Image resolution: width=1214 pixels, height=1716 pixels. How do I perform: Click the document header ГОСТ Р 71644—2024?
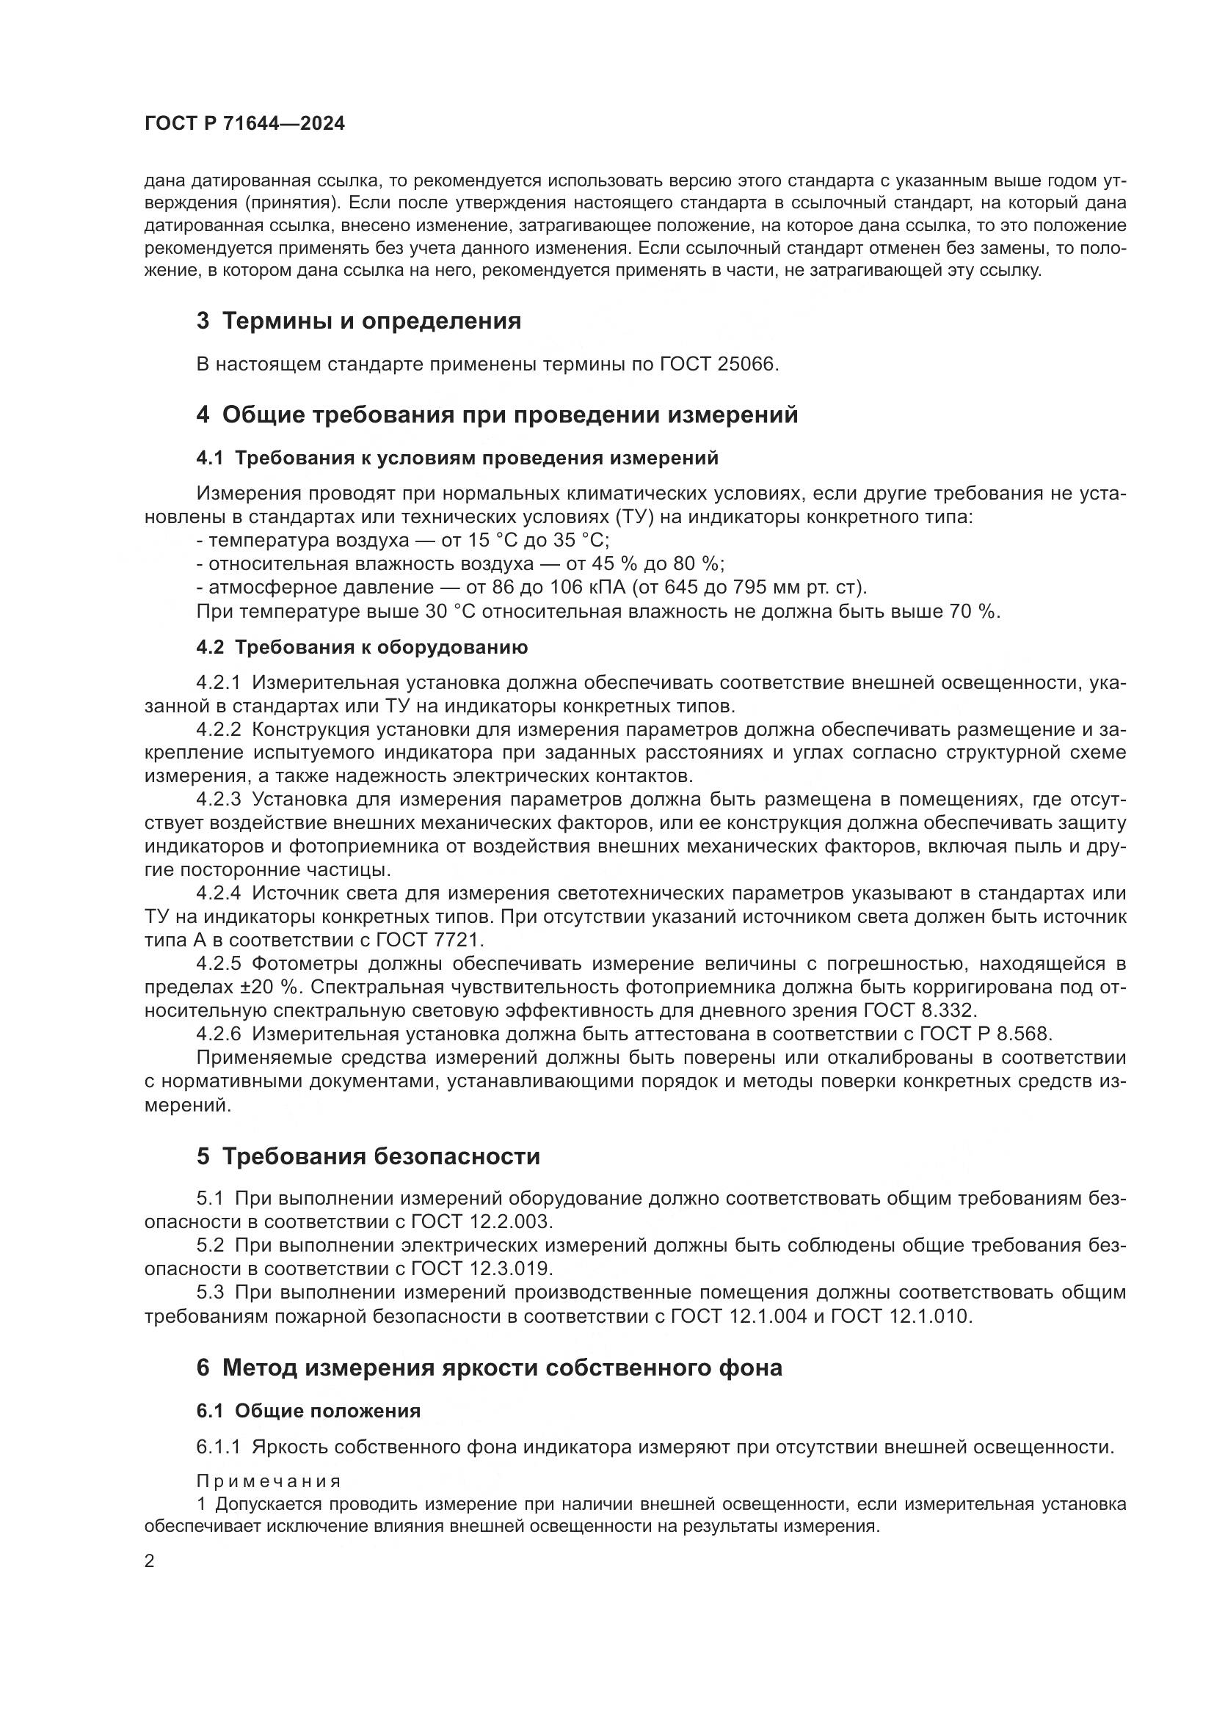[244, 124]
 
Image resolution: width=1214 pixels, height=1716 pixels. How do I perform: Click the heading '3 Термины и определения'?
[358, 321]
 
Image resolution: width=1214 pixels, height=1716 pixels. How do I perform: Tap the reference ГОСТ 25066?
[719, 365]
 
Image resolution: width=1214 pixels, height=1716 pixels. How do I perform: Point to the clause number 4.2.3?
[218, 800]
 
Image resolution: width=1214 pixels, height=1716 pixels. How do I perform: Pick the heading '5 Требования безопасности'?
[368, 1157]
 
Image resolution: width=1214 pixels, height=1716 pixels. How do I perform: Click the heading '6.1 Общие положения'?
[308, 1411]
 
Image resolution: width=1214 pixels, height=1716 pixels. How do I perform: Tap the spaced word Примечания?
[269, 1481]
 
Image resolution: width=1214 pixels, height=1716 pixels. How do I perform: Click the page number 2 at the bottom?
[150, 1561]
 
